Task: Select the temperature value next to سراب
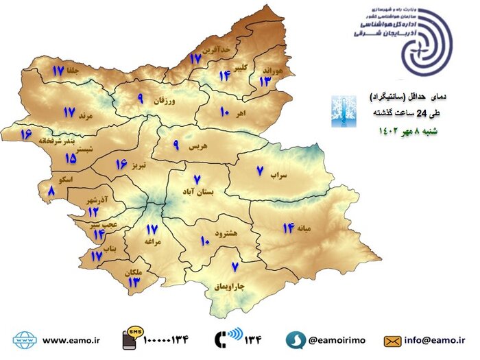[261, 171]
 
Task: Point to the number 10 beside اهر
[224, 111]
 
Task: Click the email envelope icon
[393, 339]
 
